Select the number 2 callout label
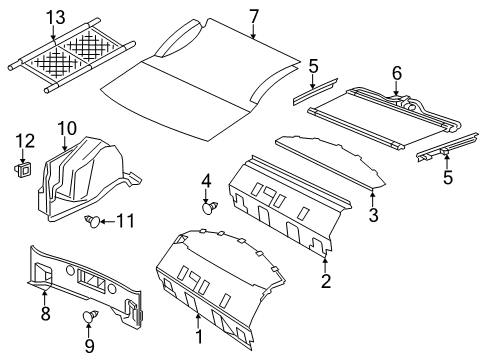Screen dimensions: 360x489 (326, 281)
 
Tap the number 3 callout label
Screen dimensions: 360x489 (373, 216)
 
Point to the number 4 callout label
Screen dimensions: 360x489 (207, 180)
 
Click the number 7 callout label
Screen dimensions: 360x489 (254, 15)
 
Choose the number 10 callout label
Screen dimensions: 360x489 (66, 127)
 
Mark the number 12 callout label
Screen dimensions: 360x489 (26, 139)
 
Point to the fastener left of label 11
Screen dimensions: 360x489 (91, 221)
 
